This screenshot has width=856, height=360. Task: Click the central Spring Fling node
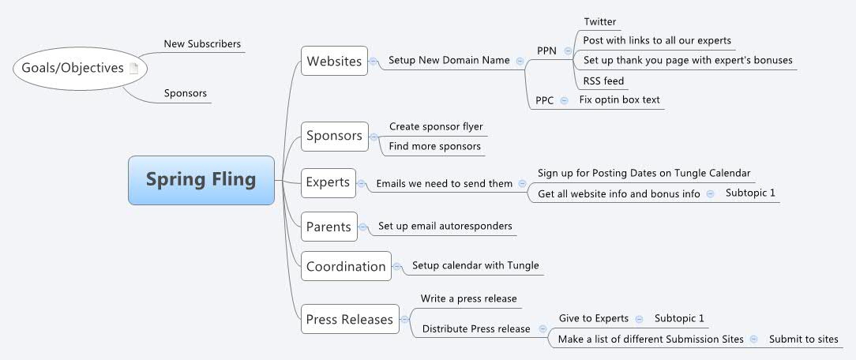(x=201, y=180)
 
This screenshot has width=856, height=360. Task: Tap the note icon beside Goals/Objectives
(x=133, y=69)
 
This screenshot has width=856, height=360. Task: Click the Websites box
(x=334, y=61)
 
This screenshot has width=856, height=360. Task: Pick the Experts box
(x=328, y=182)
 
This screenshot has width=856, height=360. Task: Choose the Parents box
(x=329, y=227)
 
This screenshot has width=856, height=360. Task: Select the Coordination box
(x=346, y=266)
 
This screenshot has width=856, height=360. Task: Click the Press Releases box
(x=349, y=320)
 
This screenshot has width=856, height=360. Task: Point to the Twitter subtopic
(x=599, y=22)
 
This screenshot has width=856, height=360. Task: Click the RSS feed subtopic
(x=604, y=81)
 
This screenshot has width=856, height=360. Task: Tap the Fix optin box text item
(x=619, y=100)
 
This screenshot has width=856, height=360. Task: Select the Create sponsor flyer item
(x=435, y=126)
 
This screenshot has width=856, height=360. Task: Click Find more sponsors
(x=434, y=146)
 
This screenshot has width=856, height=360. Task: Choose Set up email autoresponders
(x=445, y=226)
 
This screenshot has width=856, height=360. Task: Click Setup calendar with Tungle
(x=475, y=265)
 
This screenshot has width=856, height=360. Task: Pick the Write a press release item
(x=468, y=298)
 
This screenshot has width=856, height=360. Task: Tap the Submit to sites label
(x=803, y=339)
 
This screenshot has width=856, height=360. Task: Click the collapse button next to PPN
(x=568, y=51)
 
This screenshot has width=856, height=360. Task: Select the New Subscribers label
(x=202, y=44)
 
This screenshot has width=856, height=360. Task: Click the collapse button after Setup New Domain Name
(x=519, y=61)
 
